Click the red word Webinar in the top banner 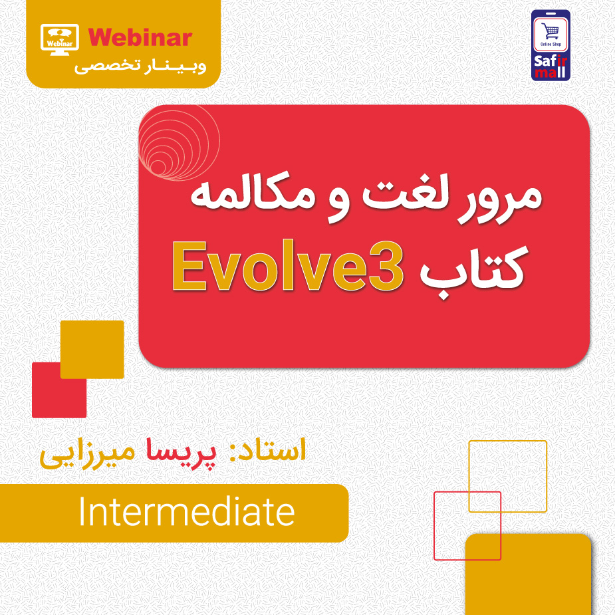click(x=140, y=37)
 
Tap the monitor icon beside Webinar click(x=60, y=39)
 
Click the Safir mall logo click(x=551, y=45)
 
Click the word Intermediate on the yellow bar click(x=186, y=513)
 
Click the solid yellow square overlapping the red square click(x=92, y=349)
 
